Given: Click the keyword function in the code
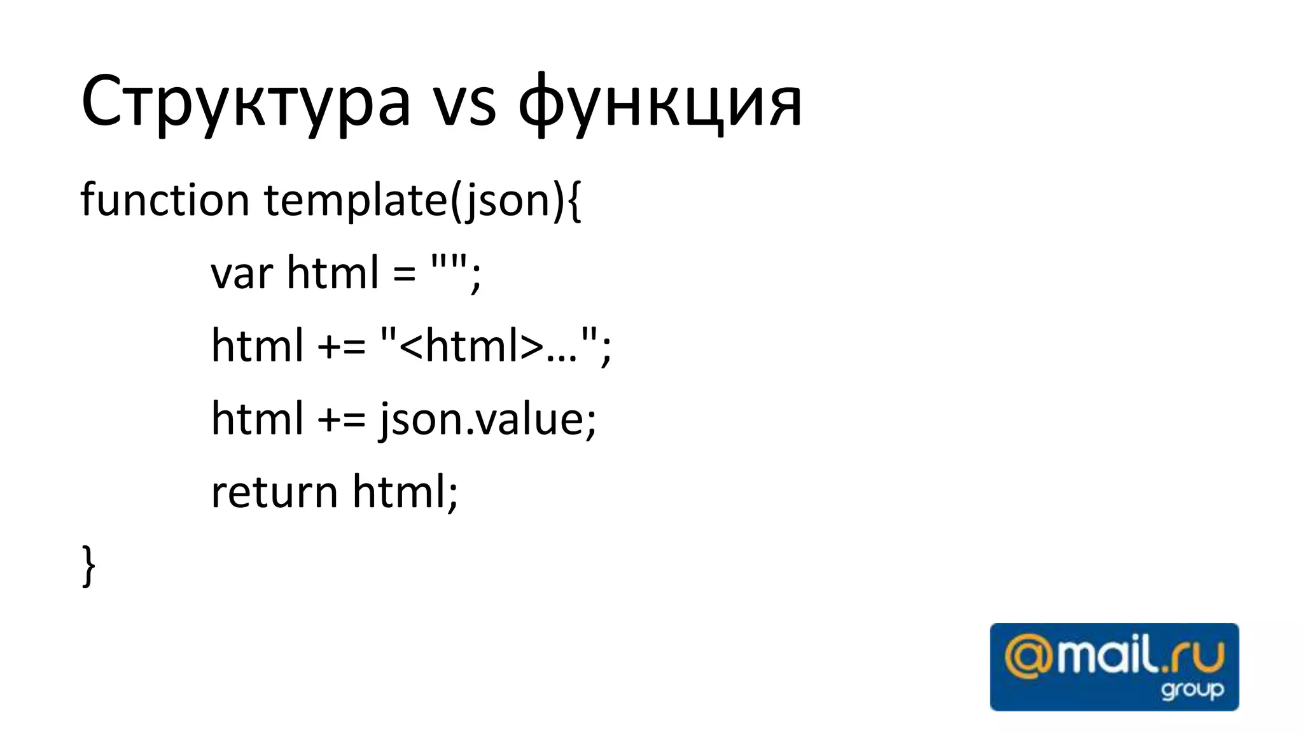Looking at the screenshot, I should [165, 200].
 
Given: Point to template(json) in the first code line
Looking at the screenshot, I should [414, 201].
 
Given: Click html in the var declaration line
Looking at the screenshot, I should [333, 272].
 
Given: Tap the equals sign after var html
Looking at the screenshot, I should [404, 274].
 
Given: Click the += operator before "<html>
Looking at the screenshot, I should [342, 347].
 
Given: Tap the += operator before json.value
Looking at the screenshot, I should [342, 420].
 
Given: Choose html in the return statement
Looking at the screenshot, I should [400, 492].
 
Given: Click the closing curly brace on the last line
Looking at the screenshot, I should [89, 566].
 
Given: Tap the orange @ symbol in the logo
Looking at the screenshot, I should [1028, 659].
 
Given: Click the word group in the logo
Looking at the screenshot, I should [1192, 690].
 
